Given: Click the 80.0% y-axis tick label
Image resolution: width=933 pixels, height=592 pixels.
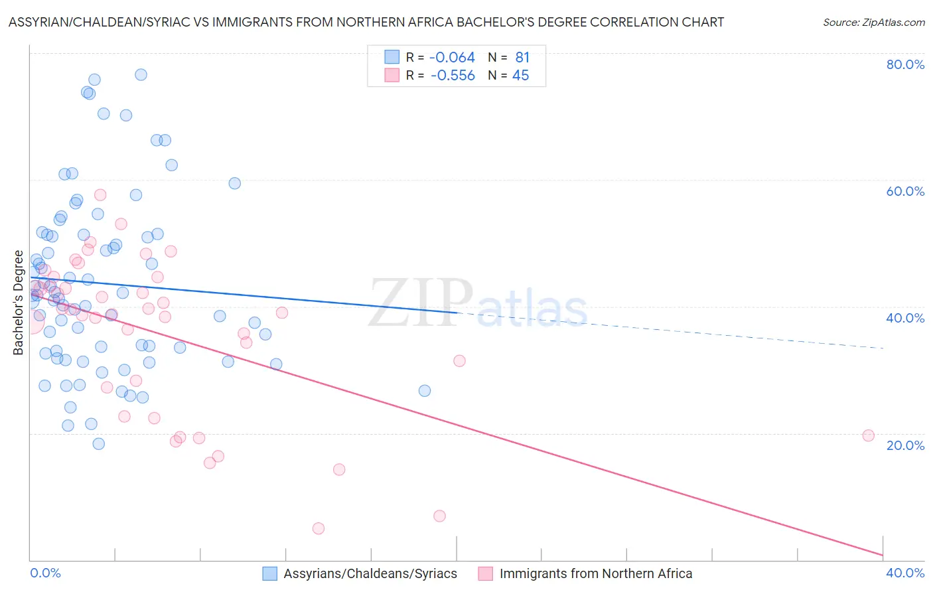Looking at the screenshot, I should pyautogui.click(x=905, y=64).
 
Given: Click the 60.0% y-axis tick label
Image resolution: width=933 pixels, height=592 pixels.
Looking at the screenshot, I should pyautogui.click(x=905, y=191).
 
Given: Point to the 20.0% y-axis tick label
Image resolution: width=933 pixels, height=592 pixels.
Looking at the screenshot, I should pyautogui.click(x=905, y=445).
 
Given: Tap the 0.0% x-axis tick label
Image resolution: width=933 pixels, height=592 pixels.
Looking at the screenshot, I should pyautogui.click(x=45, y=573).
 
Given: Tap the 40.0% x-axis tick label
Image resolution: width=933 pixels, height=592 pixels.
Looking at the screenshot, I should pyautogui.click(x=905, y=573).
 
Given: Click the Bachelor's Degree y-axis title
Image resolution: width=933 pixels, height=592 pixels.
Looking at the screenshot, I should pyautogui.click(x=19, y=303).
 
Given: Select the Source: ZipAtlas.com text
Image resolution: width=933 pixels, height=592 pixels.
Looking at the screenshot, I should pyautogui.click(x=873, y=23).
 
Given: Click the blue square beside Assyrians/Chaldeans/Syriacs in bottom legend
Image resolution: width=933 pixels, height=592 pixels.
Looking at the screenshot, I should pyautogui.click(x=269, y=573).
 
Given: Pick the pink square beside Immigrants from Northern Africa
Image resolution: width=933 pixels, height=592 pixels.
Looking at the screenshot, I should pyautogui.click(x=486, y=573).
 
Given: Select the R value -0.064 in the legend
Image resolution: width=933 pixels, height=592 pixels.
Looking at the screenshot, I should pyautogui.click(x=452, y=58).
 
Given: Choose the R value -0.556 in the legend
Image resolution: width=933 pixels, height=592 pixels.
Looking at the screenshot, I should pyautogui.click(x=452, y=76).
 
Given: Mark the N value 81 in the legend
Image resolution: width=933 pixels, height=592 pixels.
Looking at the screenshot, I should pyautogui.click(x=522, y=58).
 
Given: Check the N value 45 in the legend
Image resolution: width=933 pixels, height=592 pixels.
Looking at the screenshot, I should pyautogui.click(x=521, y=76).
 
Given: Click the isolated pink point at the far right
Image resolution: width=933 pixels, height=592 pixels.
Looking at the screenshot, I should pyautogui.click(x=868, y=435).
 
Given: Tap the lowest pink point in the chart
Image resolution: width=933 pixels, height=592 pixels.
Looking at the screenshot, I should pyautogui.click(x=319, y=528).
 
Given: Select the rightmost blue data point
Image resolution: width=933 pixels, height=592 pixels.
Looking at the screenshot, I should pyautogui.click(x=425, y=390).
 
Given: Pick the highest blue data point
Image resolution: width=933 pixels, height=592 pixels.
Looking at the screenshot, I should pyautogui.click(x=141, y=74).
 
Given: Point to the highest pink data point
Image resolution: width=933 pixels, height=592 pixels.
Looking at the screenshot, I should pyautogui.click(x=100, y=194).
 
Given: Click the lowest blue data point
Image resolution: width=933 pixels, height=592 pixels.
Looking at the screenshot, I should pyautogui.click(x=98, y=443).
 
